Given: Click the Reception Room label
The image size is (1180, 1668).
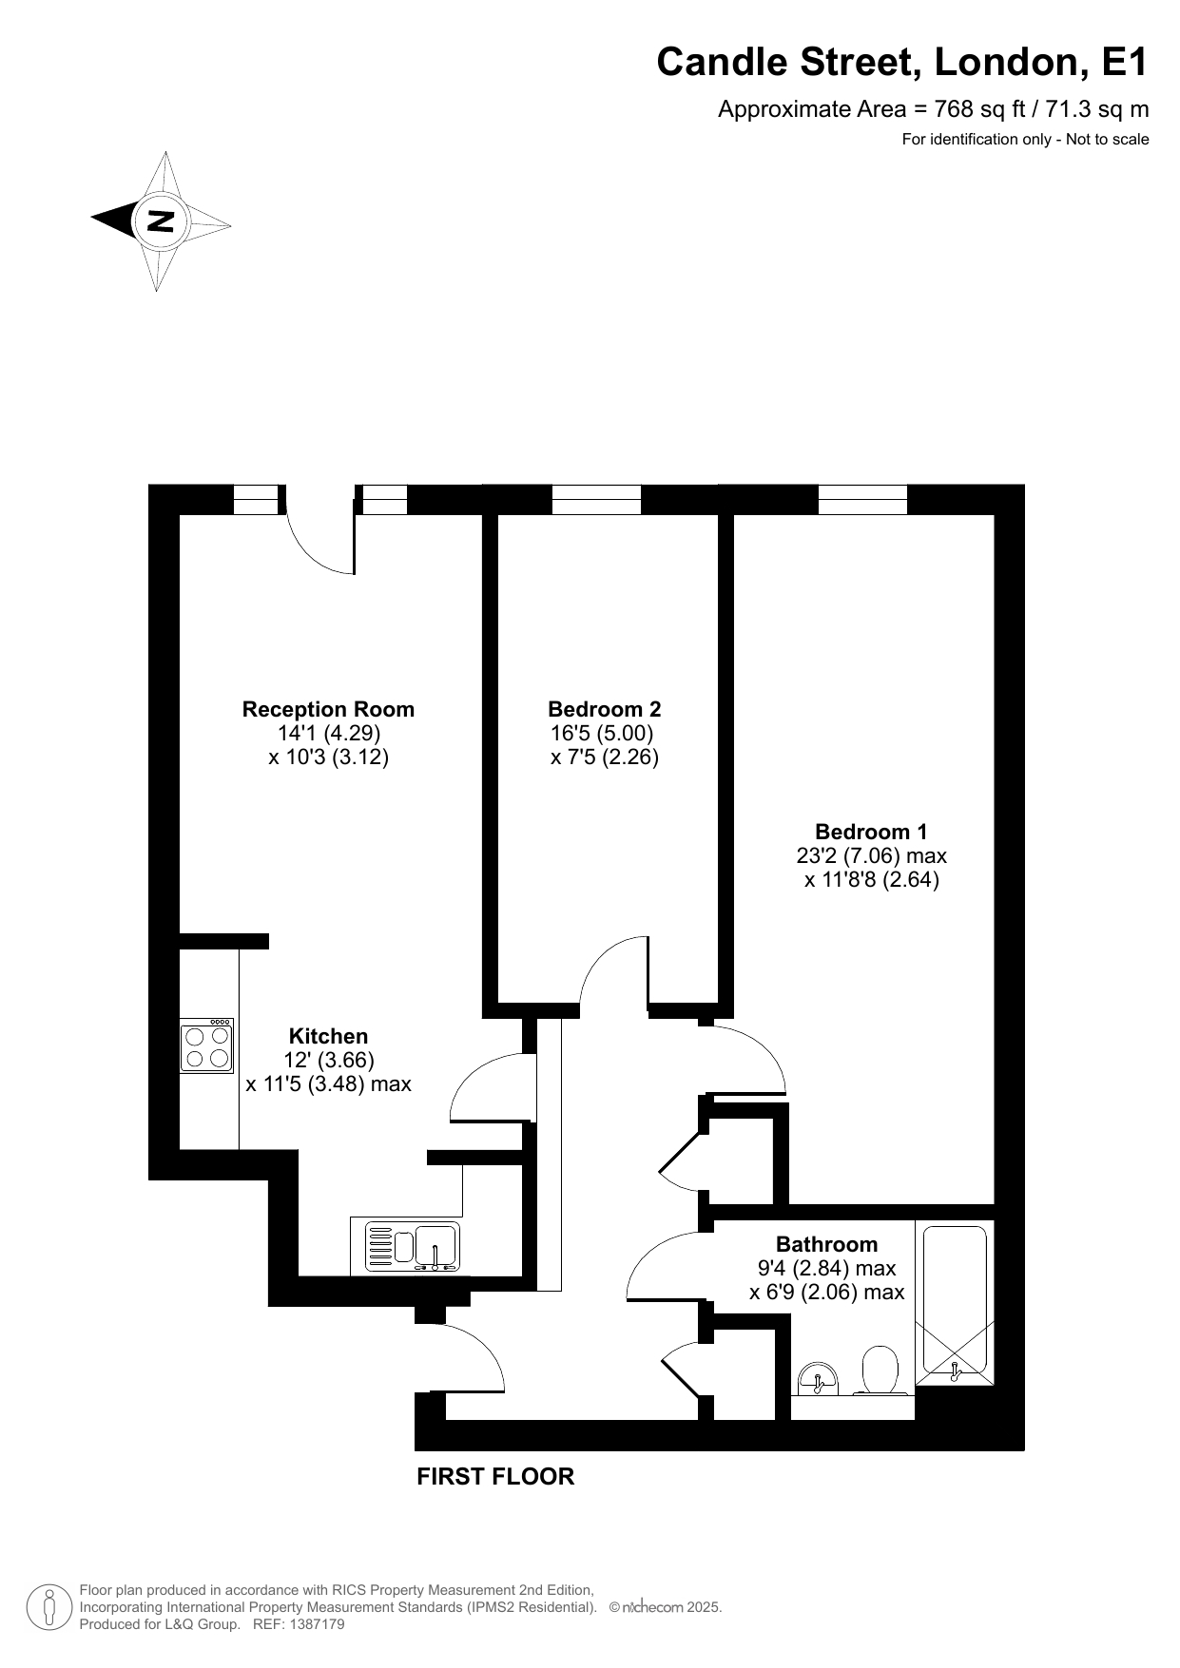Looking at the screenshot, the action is coord(328,709).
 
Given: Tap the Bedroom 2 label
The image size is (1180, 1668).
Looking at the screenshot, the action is coord(605,709).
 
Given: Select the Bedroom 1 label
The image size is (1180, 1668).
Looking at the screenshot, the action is coord(871,832).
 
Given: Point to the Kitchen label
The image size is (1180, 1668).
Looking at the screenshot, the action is coord(328,1036).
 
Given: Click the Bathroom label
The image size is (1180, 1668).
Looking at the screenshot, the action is coord(826,1244).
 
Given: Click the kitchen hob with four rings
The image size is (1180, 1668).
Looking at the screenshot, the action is coord(207,1046).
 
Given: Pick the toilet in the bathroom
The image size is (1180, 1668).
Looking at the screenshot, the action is coord(880,1371).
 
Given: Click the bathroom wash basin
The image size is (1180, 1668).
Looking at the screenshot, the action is coord(817,1379).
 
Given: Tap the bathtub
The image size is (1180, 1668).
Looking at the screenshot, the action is coord(956,1304).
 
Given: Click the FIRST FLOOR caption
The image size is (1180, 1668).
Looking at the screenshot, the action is coord(495,1476).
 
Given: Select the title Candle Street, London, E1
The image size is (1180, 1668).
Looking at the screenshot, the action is coord(902,63).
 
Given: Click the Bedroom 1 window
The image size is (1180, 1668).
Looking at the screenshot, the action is coord(862,499).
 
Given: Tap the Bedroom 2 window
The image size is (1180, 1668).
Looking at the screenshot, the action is coord(596,499).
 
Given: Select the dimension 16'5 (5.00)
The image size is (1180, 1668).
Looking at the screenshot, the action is coord(602,734).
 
